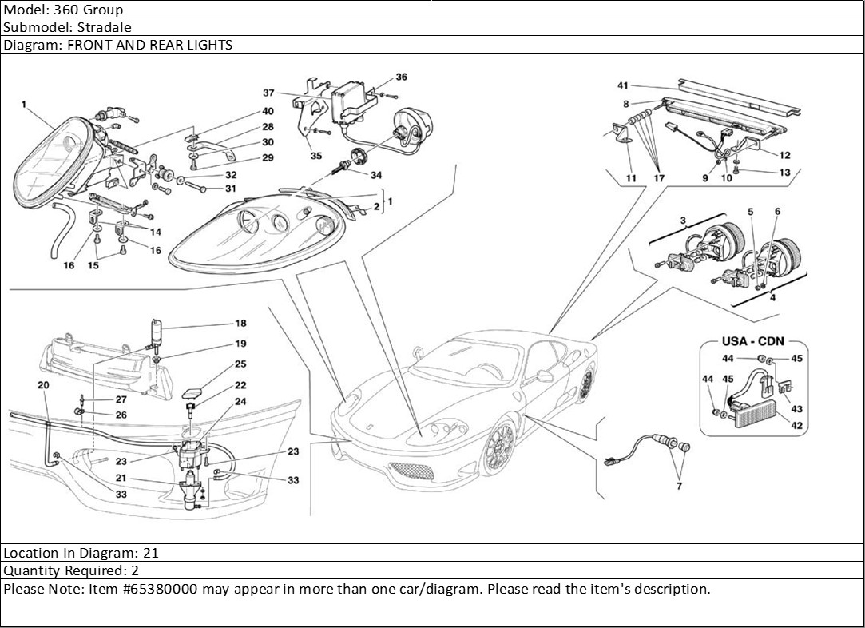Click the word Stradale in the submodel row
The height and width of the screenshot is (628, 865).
tap(105, 26)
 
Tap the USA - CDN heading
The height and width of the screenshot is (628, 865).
tap(752, 341)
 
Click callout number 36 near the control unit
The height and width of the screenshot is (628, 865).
tap(401, 78)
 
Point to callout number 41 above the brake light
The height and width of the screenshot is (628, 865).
tap(623, 85)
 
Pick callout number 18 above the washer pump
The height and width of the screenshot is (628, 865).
tap(240, 324)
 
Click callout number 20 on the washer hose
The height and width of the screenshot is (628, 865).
tap(43, 385)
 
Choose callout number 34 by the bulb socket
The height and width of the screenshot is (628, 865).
tap(375, 175)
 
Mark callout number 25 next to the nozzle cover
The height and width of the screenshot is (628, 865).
tap(240, 364)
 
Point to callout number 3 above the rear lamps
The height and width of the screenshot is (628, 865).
tap(684, 220)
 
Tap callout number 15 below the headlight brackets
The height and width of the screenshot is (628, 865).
tap(93, 265)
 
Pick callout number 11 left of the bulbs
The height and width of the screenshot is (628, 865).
tap(631, 178)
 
